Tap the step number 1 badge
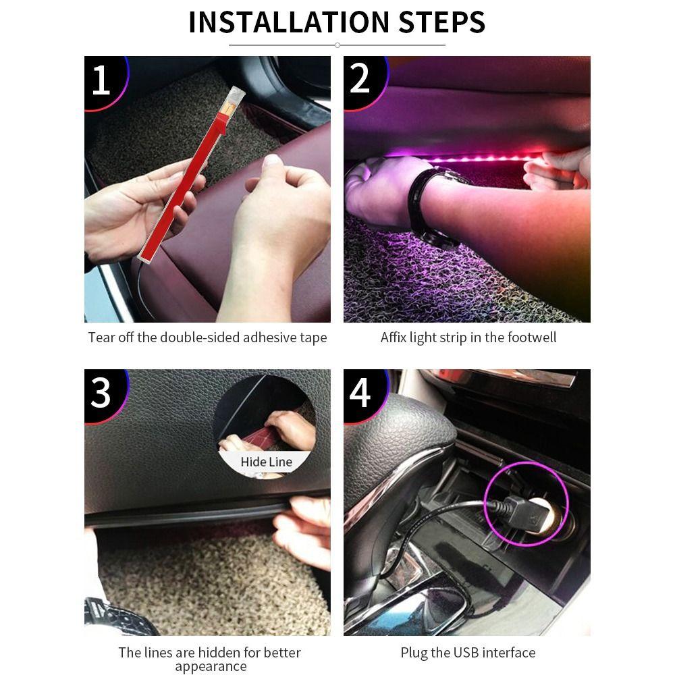pos(101,80)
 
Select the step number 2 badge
pos(360,79)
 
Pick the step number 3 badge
pos(101,393)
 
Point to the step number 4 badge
pos(360,393)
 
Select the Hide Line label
pos(266,462)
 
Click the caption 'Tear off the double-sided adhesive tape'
pos(207,337)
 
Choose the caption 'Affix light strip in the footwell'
pos(468,337)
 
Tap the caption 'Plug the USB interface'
pos(468,653)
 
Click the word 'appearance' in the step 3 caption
pos(211,667)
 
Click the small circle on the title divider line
pos(337,45)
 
